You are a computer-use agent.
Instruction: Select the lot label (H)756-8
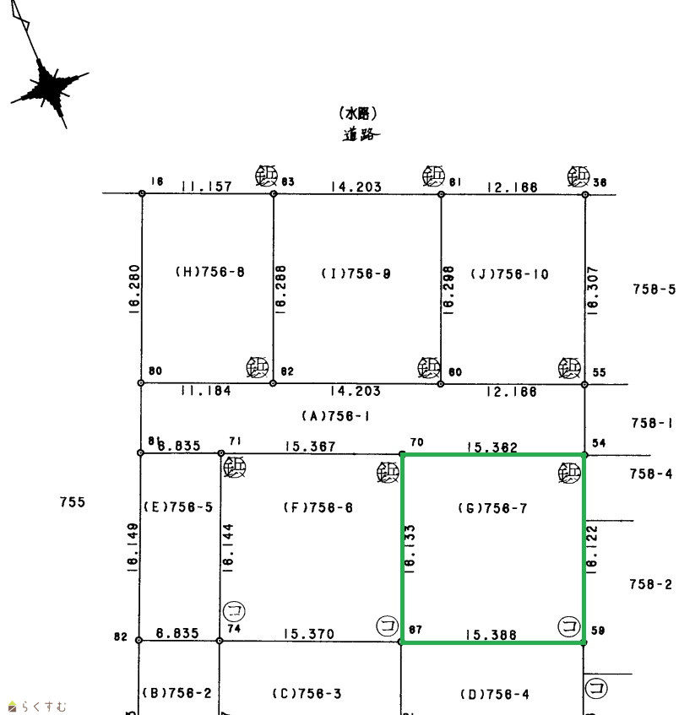coord(209,273)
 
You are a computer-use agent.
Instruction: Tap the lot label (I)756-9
coord(356,274)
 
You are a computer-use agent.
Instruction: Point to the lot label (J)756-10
coord(509,274)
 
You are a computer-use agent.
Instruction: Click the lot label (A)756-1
coord(335,416)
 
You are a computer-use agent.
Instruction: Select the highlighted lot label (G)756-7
coord(492,507)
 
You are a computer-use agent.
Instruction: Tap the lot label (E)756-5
coord(177,507)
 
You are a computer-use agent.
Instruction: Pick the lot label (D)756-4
coord(494,695)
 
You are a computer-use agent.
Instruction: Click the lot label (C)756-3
coord(307,694)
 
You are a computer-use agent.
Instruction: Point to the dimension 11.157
coord(206,187)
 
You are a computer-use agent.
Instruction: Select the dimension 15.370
coord(308,634)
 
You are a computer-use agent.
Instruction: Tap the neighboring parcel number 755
coord(73,502)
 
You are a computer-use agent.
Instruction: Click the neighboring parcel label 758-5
coord(654,290)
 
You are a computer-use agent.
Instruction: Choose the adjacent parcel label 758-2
coord(651,584)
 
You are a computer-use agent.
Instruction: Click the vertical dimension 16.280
coord(134,290)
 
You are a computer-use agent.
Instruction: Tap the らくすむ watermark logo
coord(38,707)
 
